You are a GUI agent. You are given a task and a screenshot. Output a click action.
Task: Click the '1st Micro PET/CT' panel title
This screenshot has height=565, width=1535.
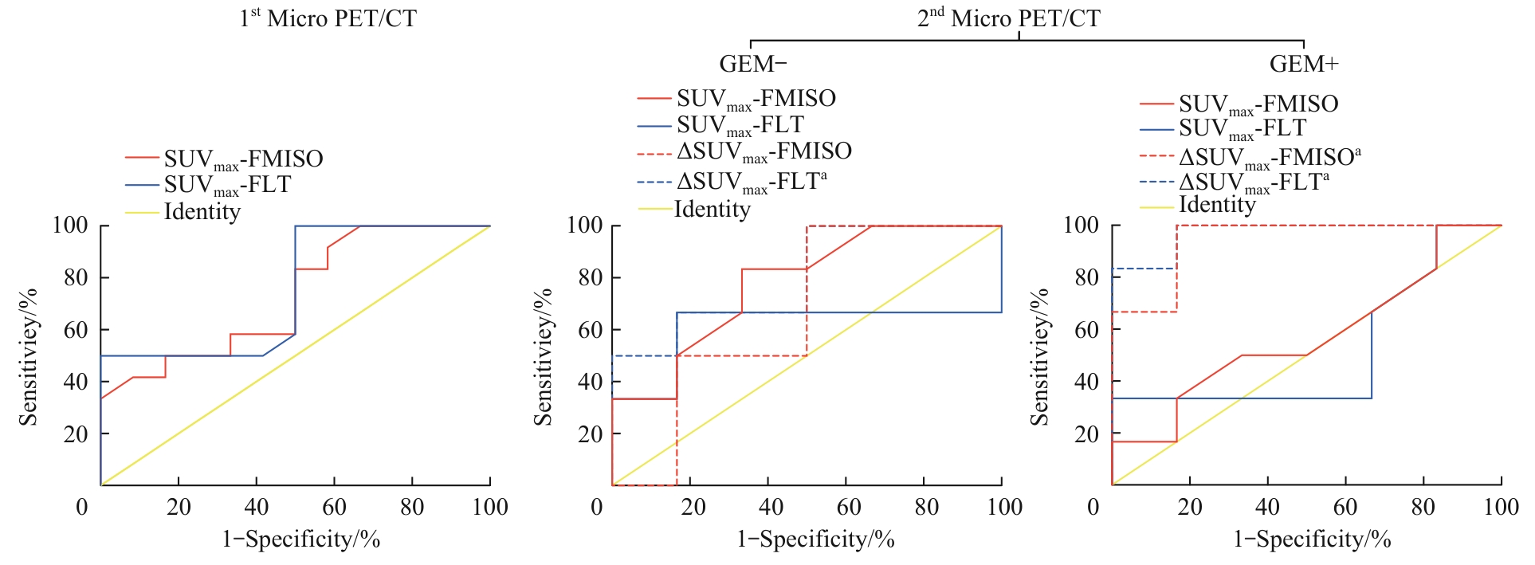(328, 18)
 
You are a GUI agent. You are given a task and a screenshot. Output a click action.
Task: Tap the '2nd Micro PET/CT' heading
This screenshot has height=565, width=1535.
(1008, 18)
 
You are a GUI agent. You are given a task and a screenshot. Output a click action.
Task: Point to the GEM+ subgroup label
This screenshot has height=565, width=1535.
(1304, 64)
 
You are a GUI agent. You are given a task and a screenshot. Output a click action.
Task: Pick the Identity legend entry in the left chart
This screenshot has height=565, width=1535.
(202, 212)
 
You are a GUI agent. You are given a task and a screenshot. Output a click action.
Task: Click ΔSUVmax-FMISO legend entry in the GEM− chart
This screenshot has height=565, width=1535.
(764, 151)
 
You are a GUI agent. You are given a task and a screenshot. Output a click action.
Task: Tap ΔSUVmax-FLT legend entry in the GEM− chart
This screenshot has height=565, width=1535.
(751, 182)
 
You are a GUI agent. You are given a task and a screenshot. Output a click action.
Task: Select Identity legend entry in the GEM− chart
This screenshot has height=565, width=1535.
(712, 210)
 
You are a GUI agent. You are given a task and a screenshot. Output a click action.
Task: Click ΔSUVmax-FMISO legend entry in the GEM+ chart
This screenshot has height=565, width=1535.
(1270, 157)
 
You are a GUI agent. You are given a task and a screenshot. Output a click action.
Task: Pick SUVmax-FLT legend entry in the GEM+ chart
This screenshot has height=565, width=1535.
(1243, 129)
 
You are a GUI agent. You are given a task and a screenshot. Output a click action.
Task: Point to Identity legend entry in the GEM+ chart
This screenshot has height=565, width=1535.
(1217, 205)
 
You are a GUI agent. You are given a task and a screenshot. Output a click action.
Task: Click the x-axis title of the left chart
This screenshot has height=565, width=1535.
(300, 539)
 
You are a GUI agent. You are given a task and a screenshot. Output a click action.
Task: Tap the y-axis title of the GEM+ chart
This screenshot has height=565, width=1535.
(1039, 356)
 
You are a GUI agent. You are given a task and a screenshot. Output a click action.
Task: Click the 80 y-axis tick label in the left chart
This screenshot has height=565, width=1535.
(75, 278)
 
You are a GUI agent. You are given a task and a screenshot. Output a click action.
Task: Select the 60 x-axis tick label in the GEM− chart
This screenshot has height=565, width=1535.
(848, 507)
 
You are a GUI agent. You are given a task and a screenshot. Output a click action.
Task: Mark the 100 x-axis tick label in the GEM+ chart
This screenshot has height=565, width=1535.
(1500, 507)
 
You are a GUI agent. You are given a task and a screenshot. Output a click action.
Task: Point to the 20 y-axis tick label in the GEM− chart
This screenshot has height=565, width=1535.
(590, 434)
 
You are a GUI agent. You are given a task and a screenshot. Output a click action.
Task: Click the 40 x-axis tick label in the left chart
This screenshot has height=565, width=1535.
(256, 507)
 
